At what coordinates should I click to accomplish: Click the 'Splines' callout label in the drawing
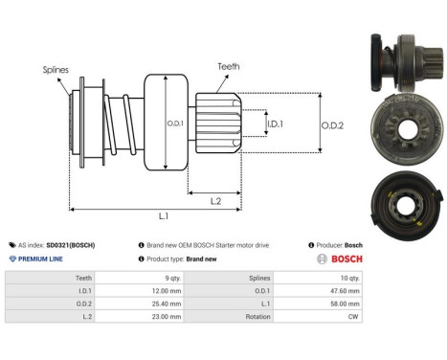pyautogui.click(x=55, y=70)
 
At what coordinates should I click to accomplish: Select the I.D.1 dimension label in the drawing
pyautogui.click(x=275, y=124)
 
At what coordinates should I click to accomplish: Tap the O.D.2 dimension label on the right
pyautogui.click(x=333, y=123)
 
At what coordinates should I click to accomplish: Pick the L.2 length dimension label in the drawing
pyautogui.click(x=217, y=200)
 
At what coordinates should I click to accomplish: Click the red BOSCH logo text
pyautogui.click(x=346, y=259)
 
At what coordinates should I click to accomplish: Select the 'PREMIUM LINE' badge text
pyautogui.click(x=42, y=259)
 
